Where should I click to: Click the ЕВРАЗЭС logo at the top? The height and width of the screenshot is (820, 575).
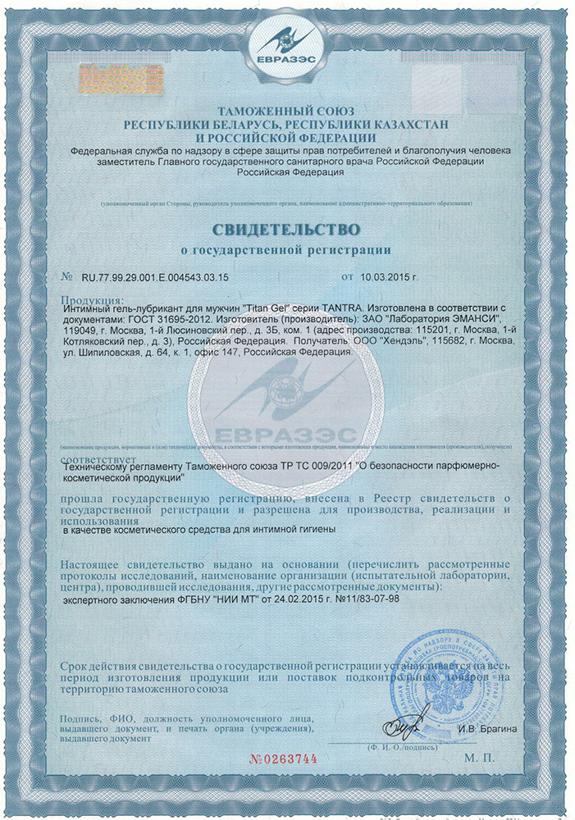[288, 42]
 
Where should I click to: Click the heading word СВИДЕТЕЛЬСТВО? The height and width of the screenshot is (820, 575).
[287, 225]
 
